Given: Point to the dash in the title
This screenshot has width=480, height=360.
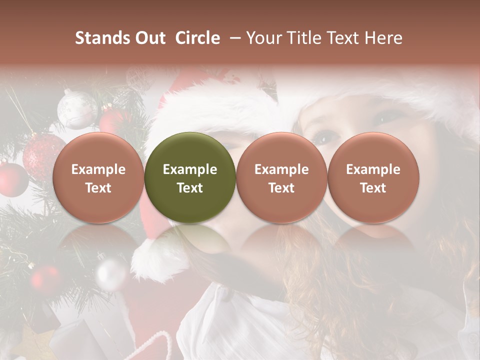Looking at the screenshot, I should click(233, 38).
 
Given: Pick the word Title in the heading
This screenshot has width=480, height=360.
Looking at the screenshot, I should click(305, 38).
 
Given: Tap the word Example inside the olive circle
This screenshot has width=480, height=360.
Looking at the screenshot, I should click(190, 169).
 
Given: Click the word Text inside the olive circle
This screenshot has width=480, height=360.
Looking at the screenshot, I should click(190, 188).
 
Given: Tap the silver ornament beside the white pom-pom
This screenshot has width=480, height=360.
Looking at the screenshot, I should click(111, 273).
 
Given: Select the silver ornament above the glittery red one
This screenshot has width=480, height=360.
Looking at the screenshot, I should click(76, 109).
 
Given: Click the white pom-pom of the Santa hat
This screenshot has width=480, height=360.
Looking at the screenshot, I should click(150, 260).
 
